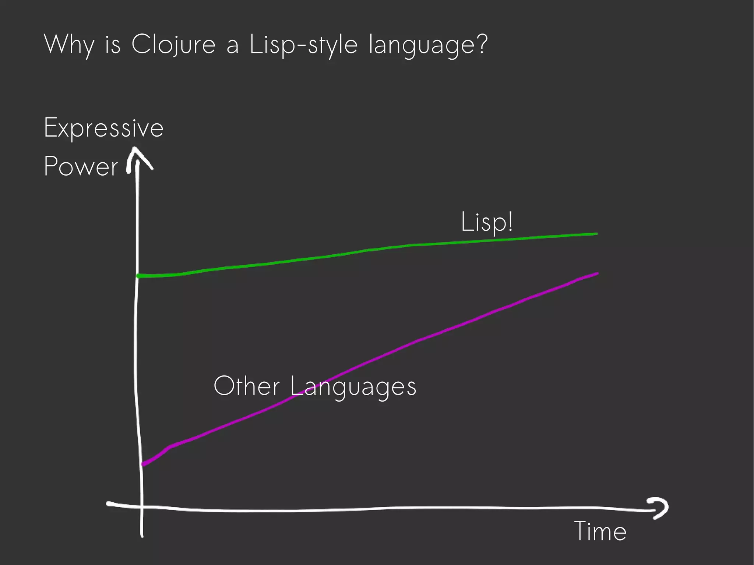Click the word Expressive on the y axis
click(103, 128)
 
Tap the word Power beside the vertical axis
click(81, 166)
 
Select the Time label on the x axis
click(600, 531)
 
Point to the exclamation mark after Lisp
click(510, 221)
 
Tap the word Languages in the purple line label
click(353, 387)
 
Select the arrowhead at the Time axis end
click(661, 508)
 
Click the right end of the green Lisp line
click(596, 234)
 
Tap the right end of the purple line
click(597, 273)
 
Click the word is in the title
click(113, 45)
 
